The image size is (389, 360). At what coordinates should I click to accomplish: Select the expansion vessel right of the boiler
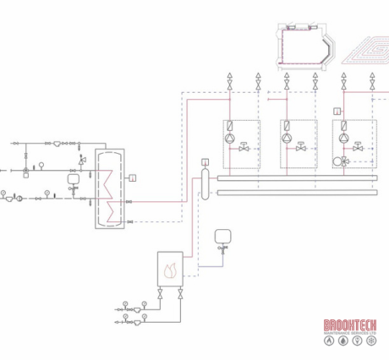(223, 237)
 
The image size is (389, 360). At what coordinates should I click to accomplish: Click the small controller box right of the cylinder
(134, 177)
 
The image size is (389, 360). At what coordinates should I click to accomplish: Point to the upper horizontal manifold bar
(296, 177)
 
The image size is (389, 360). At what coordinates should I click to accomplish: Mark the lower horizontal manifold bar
(296, 192)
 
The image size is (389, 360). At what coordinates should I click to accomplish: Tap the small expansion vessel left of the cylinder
(74, 179)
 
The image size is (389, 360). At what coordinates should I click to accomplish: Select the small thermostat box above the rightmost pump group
(337, 111)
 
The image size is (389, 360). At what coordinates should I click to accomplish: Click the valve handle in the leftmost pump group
(242, 145)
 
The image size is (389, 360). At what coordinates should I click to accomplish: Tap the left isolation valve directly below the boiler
(161, 295)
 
